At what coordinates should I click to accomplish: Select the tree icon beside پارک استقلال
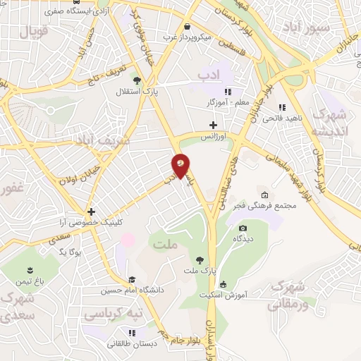coord(137,81)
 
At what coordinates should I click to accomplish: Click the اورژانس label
coord(213,135)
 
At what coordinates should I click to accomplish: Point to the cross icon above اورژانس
coord(213,125)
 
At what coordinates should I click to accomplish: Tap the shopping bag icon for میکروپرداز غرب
coord(187,26)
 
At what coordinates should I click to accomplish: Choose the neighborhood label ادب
coord(210,74)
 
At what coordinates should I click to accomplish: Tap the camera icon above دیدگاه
coord(243,228)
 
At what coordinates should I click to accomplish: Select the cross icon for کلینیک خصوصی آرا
coord(90,211)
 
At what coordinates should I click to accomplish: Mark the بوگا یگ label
coord(71,252)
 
